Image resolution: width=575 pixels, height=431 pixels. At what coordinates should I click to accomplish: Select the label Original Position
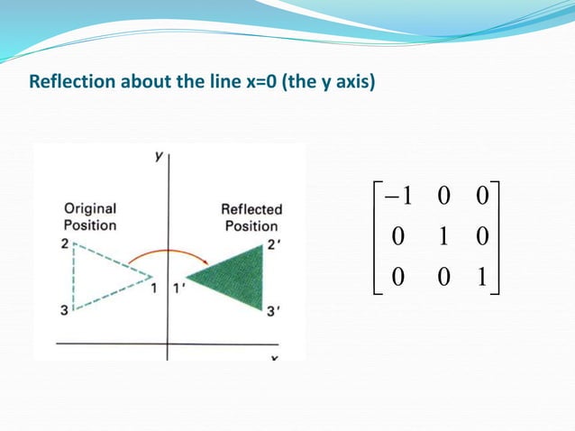(x=89, y=216)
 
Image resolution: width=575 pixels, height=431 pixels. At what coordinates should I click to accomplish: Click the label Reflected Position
(x=251, y=217)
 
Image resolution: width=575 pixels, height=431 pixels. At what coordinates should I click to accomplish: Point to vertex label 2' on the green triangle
(x=272, y=243)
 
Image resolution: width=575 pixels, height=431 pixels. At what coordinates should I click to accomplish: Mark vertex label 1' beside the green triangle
(x=179, y=289)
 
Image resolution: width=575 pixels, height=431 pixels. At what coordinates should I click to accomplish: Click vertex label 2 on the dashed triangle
(x=66, y=244)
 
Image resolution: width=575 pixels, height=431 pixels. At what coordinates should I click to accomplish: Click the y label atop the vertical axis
(x=159, y=155)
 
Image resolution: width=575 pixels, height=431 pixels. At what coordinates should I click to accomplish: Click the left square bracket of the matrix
(x=375, y=237)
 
